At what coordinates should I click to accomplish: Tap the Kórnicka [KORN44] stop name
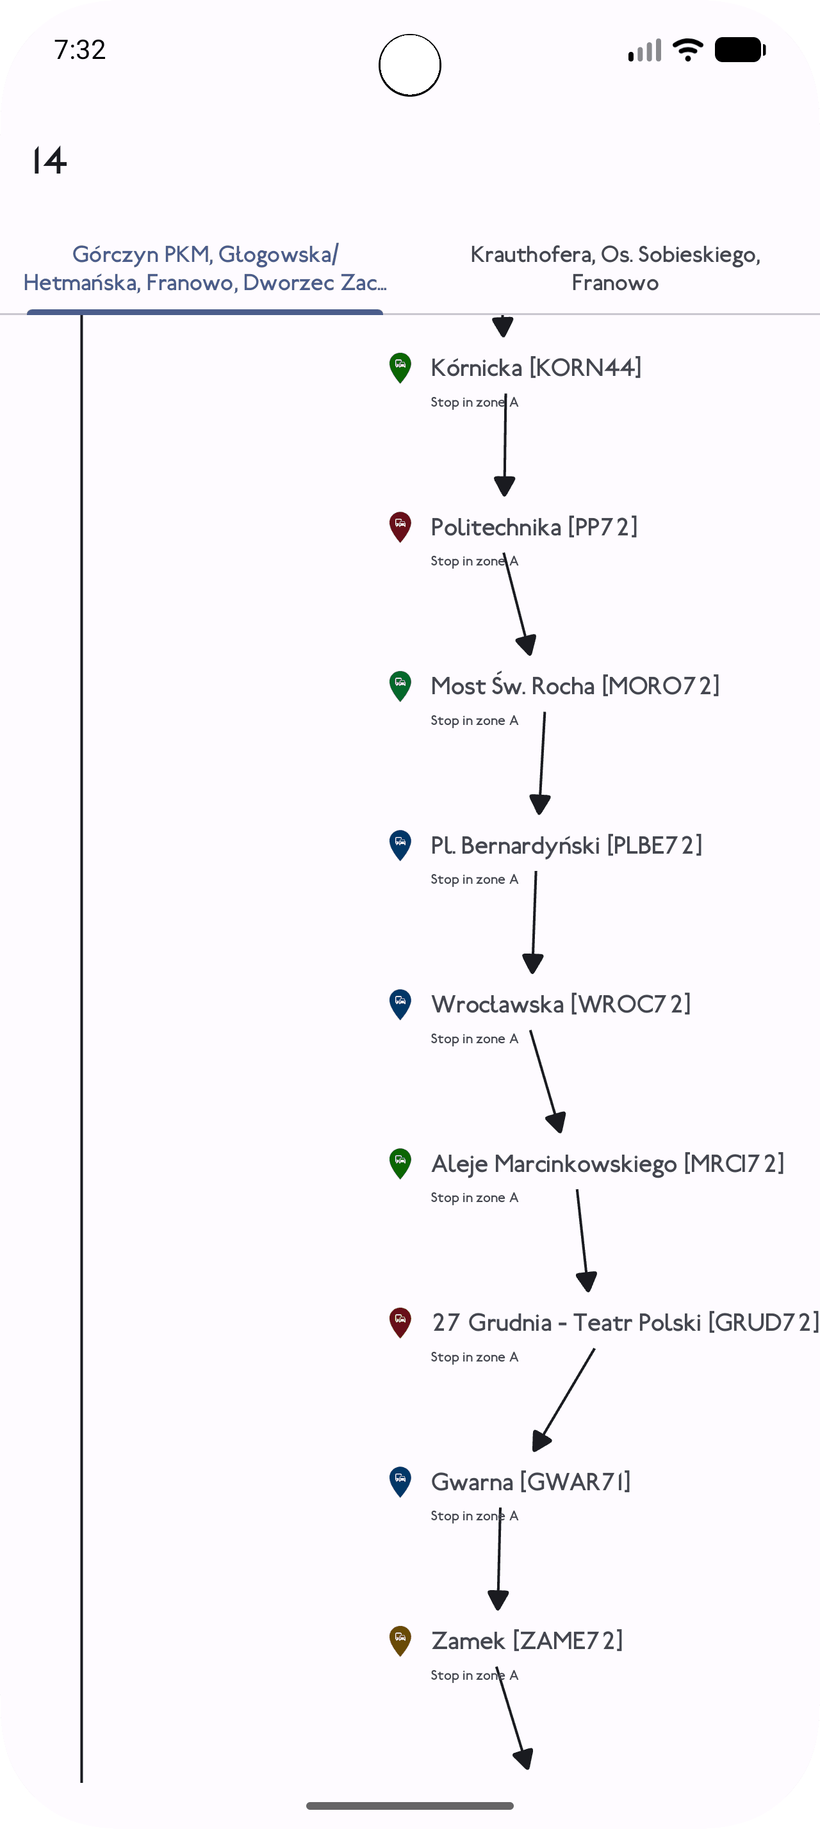point(536,368)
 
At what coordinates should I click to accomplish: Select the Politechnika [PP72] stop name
point(534,527)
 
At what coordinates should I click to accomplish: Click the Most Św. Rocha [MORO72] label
point(575,686)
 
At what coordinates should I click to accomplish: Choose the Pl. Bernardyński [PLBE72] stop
point(566,845)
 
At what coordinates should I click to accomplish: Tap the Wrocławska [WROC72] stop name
point(561,1004)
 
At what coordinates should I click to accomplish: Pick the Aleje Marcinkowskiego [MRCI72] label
point(608,1164)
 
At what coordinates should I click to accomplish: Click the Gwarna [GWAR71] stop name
point(530,1482)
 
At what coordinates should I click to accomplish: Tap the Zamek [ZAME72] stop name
point(527,1641)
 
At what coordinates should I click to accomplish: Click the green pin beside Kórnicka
point(400,368)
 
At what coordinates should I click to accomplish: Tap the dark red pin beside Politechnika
point(400,527)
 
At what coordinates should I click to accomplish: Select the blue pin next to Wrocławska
point(400,1004)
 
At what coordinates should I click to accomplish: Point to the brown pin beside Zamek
point(400,1641)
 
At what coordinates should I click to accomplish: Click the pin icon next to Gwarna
point(400,1482)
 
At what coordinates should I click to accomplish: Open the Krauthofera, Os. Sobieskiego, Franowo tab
point(615,268)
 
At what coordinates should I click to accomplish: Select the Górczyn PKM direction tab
point(205,268)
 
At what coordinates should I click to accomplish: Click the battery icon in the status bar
point(740,50)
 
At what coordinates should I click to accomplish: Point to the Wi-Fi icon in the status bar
point(687,50)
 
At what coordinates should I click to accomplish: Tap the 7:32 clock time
point(80,50)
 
